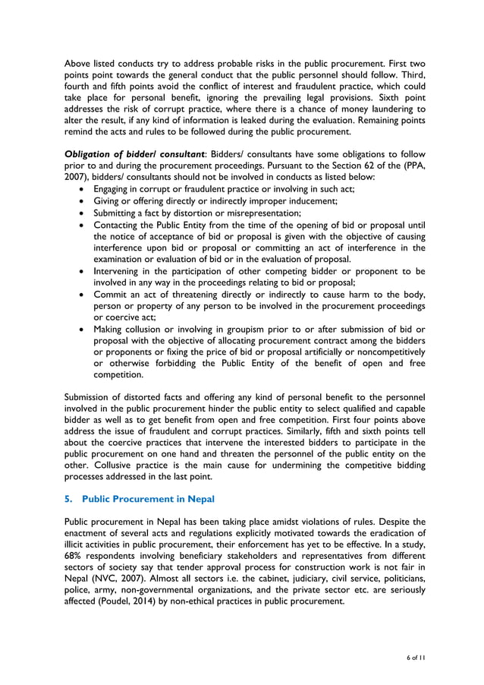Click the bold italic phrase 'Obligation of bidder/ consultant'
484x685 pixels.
pos(134,153)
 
